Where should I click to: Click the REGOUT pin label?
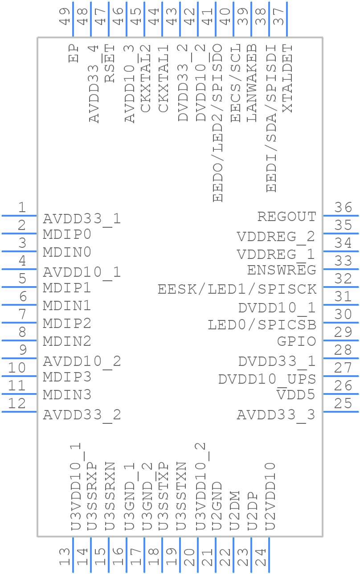[x=286, y=217]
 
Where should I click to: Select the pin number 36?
[x=344, y=208]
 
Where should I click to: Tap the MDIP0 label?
[x=67, y=234]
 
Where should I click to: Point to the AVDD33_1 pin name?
[x=82, y=219]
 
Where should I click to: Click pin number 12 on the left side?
[x=17, y=404]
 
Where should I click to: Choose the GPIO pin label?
[x=296, y=342]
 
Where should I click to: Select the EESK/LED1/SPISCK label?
[x=237, y=289]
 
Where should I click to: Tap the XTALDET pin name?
[x=288, y=78]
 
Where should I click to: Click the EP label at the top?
[x=74, y=53]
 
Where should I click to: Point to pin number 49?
[x=65, y=17]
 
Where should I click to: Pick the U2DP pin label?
[x=252, y=511]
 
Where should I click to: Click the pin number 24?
[x=261, y=557]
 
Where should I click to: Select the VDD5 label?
[x=296, y=395]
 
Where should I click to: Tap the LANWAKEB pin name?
[x=252, y=83]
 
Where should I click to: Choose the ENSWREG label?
[x=282, y=271]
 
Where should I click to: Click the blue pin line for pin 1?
[x=19, y=216]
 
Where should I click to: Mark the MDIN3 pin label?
[x=67, y=395]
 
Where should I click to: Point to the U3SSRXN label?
[x=110, y=496]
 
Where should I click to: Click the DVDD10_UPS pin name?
[x=267, y=379]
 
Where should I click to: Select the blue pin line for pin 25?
[x=341, y=412]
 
